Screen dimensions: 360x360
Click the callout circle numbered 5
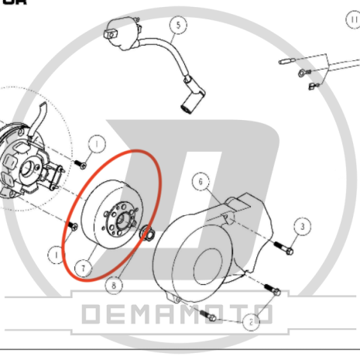[x=177, y=26]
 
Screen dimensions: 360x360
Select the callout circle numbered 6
[x=200, y=182]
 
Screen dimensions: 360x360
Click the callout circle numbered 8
[x=115, y=285]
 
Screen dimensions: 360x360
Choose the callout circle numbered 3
[x=303, y=225]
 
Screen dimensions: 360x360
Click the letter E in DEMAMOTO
[x=123, y=314]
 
